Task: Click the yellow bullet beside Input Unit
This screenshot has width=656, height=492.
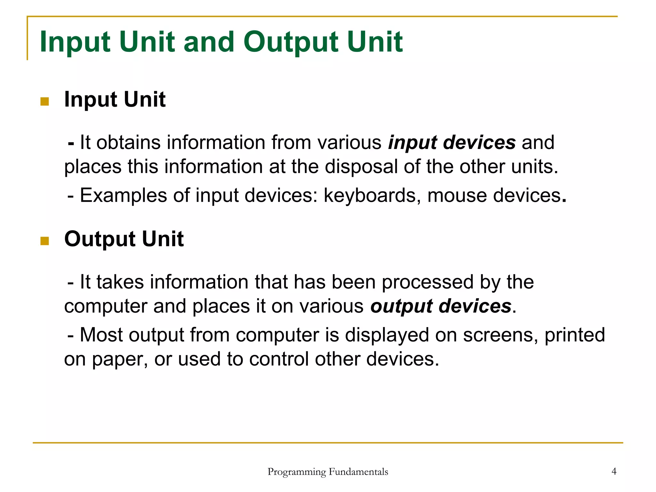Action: click(45, 102)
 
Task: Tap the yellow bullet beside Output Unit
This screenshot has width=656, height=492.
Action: click(45, 241)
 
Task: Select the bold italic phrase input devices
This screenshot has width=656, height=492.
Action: click(452, 143)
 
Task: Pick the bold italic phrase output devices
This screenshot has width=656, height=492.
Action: click(441, 306)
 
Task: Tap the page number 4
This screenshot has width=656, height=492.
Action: click(614, 471)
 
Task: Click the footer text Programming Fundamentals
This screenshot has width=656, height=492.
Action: click(328, 471)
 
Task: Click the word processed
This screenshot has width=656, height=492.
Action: click(428, 282)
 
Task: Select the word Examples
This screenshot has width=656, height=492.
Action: click(123, 195)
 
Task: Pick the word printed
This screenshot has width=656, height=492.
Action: click(575, 335)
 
